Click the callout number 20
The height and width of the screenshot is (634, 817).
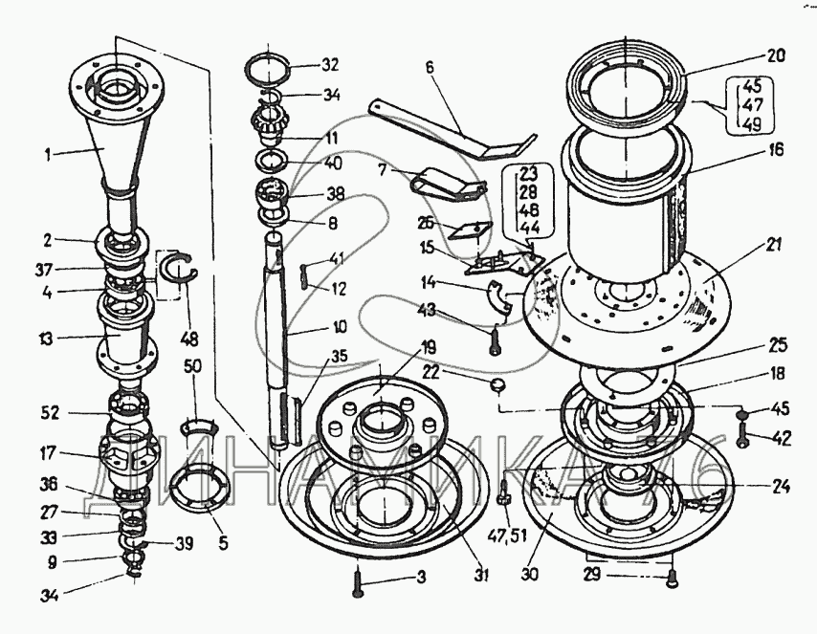777,56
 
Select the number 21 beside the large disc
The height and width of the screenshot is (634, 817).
773,245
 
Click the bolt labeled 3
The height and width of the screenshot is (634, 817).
357,580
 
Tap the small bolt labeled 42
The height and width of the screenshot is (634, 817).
741,439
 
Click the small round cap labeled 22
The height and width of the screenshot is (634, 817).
497,384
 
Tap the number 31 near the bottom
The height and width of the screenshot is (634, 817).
480,575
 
